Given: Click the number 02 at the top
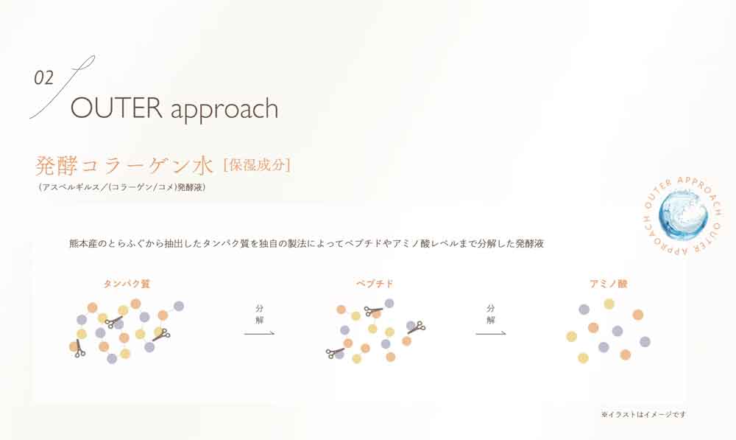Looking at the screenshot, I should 44,79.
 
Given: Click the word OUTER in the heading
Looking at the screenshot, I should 116,108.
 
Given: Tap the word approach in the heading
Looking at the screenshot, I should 224,110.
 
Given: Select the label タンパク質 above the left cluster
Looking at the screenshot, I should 127,283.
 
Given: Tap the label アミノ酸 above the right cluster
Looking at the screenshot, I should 608,283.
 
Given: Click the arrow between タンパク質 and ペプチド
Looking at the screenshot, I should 259,334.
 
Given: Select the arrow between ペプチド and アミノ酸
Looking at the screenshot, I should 490,334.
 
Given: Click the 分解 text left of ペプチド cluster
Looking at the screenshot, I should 259,314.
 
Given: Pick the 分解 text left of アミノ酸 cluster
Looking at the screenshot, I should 490,314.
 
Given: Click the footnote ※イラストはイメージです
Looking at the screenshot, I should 643,414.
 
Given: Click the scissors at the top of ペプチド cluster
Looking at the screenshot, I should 373,311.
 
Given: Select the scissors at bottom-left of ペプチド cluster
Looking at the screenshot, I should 336,353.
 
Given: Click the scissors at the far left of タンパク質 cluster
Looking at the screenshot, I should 79,349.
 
